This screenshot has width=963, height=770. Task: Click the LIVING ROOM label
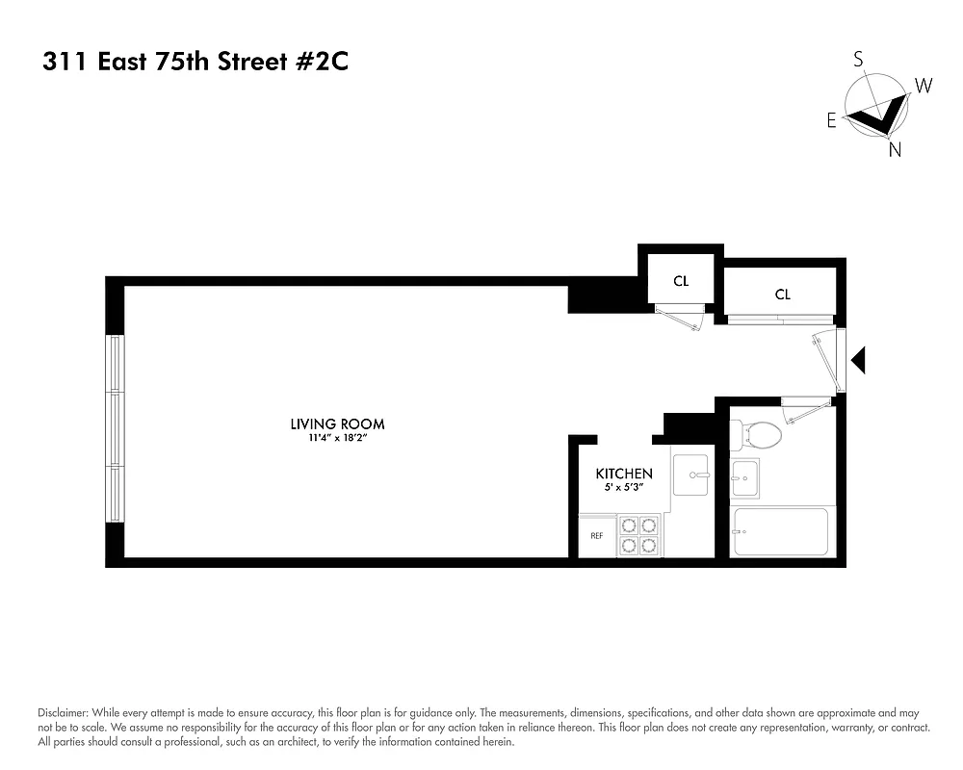click(x=337, y=423)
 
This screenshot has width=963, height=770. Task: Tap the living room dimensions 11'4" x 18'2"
click(x=337, y=438)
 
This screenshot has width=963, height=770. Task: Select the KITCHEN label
click(x=624, y=474)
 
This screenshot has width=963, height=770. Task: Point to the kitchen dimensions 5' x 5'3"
click(x=624, y=488)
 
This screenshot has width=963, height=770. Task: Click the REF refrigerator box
click(x=596, y=536)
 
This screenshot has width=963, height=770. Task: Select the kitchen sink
click(x=691, y=475)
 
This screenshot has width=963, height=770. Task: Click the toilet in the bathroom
click(x=756, y=435)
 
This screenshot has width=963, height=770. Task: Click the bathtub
click(x=780, y=532)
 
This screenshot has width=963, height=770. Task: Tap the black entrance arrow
click(x=859, y=361)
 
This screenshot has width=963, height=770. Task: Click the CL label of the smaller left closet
click(x=681, y=281)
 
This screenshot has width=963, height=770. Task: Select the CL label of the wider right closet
click(x=782, y=295)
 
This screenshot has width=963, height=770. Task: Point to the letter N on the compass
click(x=895, y=150)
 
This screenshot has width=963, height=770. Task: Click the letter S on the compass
click(x=858, y=60)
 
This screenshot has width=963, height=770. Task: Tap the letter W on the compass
click(x=923, y=86)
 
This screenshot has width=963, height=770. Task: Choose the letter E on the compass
click(x=831, y=120)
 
